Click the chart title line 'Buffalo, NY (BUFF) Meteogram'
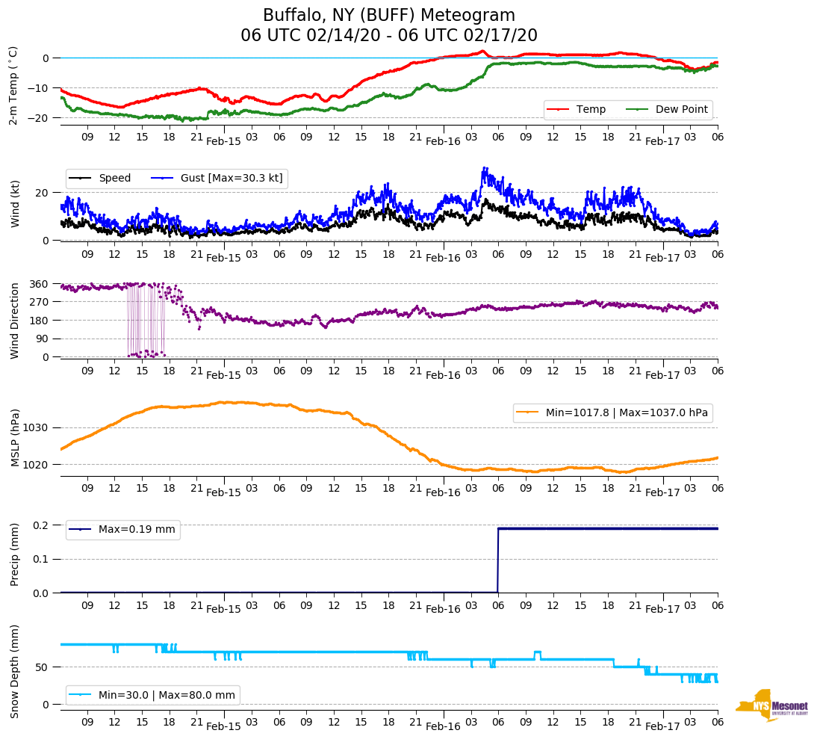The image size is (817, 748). (388, 16)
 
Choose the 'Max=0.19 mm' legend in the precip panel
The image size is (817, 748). (137, 530)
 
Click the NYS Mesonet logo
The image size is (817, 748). (772, 705)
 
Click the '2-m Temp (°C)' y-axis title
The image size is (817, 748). (13, 85)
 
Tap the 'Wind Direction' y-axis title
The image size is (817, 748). (15, 320)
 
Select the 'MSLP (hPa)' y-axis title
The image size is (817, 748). (15, 438)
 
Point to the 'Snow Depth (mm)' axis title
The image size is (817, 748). (15, 671)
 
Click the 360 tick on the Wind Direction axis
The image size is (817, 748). (40, 284)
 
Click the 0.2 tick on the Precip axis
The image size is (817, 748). (41, 525)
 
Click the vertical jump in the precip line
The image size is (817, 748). (498, 560)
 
